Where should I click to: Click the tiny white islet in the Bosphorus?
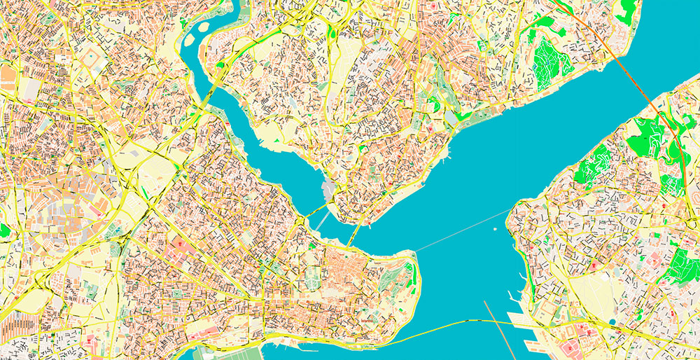(x=495, y=228)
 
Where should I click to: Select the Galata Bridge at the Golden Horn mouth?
(x=354, y=235)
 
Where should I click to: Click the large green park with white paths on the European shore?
(x=549, y=63)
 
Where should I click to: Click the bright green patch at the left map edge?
(x=4, y=230)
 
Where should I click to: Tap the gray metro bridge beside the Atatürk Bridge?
(x=320, y=221)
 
